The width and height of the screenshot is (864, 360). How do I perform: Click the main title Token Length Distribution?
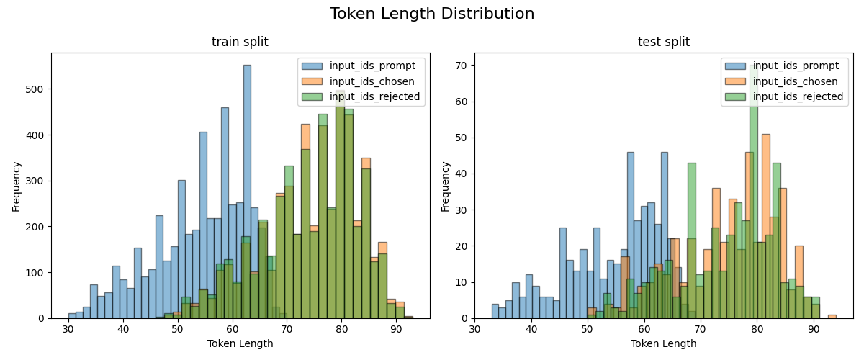pos(432,14)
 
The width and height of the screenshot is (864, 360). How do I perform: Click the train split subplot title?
pos(240,42)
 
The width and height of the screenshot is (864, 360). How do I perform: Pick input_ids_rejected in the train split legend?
pos(374,96)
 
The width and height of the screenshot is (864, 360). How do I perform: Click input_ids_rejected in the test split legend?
pos(798,96)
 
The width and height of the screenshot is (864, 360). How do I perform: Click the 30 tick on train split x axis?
pos(68,329)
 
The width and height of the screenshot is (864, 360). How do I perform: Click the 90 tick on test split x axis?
pos(813,329)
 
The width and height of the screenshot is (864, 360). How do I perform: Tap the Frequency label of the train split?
pos(16,186)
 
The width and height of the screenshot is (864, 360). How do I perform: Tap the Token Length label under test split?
pos(663,343)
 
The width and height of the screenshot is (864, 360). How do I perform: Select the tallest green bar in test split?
pos(754,191)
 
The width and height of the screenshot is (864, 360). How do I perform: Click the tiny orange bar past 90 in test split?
pos(832,316)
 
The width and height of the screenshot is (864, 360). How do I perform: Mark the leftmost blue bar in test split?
pos(495,311)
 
